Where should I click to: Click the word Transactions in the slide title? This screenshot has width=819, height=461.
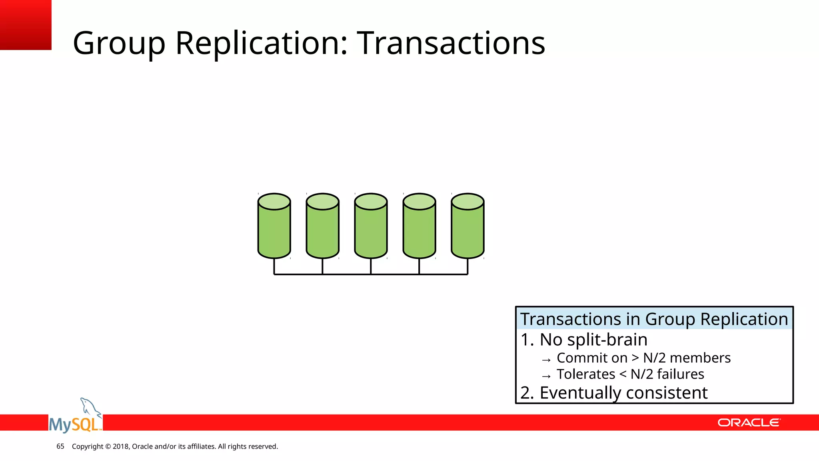[451, 43]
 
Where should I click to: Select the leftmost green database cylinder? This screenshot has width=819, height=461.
[274, 230]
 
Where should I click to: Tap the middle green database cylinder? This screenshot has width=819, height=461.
[371, 230]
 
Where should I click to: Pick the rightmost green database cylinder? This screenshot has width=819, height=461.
[467, 230]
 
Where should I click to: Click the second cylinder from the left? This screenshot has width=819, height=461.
[322, 230]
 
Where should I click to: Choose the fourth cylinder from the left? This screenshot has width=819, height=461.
[419, 230]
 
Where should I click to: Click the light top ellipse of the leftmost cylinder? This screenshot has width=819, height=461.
[274, 201]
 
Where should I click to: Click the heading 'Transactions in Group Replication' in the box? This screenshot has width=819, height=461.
[654, 319]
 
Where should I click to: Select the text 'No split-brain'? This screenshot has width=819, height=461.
[593, 339]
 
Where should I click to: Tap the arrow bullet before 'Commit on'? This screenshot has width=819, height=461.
[546, 360]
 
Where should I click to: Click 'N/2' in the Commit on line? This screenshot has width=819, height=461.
[654, 358]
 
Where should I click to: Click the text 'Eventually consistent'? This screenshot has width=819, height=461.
[623, 393]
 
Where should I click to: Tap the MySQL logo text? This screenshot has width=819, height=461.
[74, 424]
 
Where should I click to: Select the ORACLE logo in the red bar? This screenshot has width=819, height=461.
[748, 423]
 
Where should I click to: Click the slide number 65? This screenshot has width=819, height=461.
[60, 446]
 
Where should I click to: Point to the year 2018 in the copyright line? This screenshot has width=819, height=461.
[120, 446]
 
